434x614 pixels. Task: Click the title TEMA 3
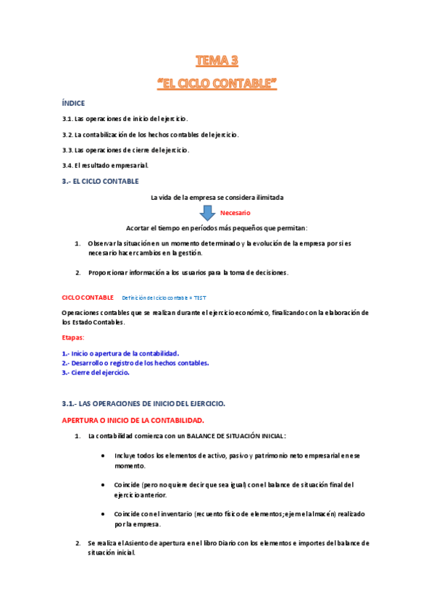pos(217,60)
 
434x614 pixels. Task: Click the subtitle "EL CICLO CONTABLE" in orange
pos(217,83)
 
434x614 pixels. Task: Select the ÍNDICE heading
pos(74,104)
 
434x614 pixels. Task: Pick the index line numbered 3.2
pos(150,135)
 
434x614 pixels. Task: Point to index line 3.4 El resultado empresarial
pos(105,165)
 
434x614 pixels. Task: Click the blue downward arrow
pos(207,212)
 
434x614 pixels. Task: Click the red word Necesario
pos(235,213)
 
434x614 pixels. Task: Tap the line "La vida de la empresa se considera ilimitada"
pos(217,197)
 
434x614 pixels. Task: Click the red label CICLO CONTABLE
pos(88,298)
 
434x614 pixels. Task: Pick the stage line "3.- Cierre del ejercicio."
pos(96,372)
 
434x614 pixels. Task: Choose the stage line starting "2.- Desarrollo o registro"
pos(135,363)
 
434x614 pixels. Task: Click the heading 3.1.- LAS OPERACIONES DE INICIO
pos(144,403)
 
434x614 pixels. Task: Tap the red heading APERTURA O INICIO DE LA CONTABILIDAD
pos(133,420)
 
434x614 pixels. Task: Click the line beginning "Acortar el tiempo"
pos(217,227)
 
